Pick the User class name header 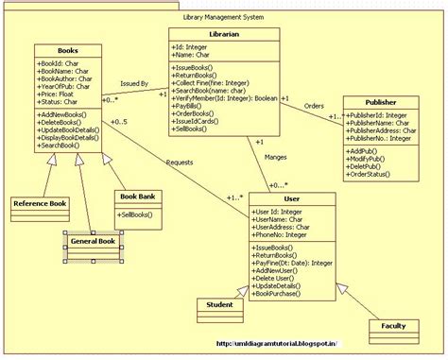(x=292, y=199)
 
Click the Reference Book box (x=39, y=203)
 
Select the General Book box (x=94, y=242)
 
